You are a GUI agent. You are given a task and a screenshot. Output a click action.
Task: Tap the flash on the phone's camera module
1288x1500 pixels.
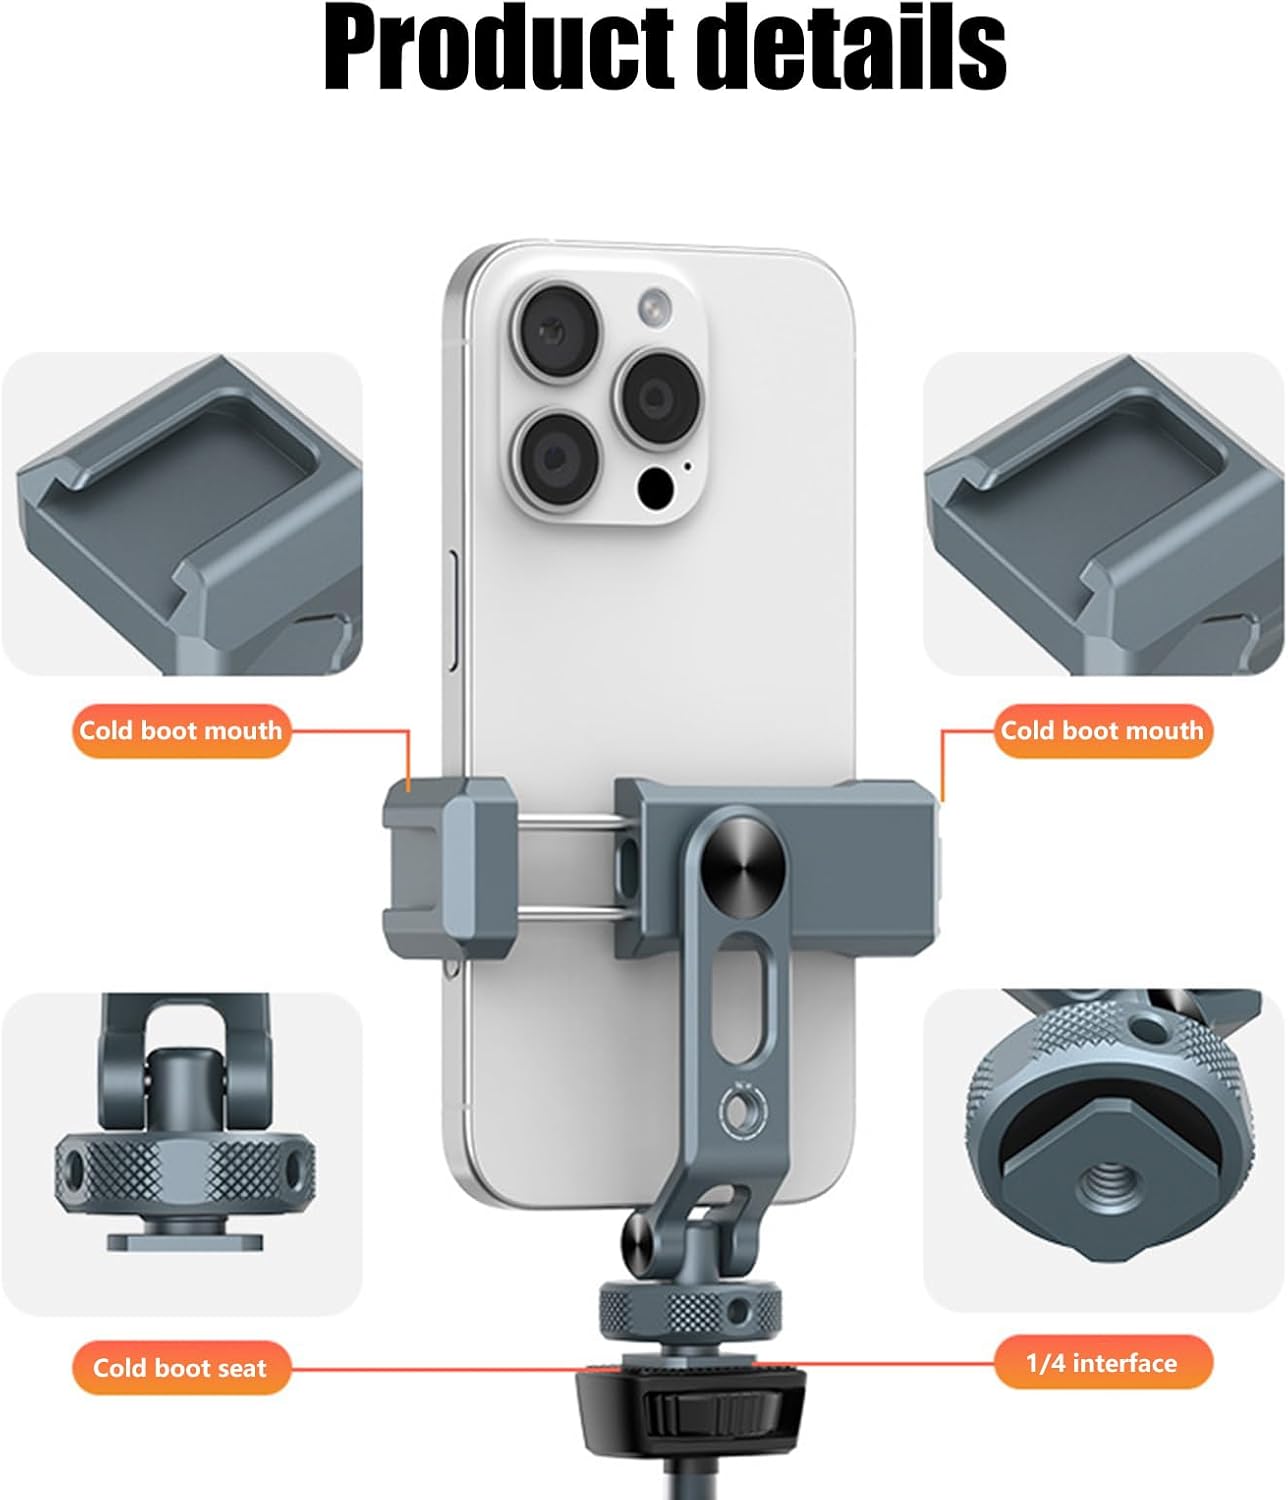(x=655, y=306)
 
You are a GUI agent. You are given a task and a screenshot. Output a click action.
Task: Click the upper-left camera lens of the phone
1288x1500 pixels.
(x=557, y=333)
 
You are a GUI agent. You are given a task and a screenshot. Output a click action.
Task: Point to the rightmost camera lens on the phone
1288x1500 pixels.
(x=657, y=398)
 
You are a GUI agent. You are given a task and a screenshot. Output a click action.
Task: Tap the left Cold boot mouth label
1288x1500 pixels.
(x=181, y=731)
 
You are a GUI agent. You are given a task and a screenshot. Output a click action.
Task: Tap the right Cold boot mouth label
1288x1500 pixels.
(x=1103, y=731)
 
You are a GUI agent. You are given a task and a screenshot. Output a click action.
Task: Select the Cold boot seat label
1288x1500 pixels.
(x=180, y=1368)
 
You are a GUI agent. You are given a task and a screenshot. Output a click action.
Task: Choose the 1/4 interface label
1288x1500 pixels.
(x=1102, y=1364)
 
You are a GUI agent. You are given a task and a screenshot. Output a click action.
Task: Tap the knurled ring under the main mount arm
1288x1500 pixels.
(x=690, y=1311)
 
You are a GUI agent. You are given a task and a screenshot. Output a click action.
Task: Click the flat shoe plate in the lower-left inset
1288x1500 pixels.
(x=185, y=1241)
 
